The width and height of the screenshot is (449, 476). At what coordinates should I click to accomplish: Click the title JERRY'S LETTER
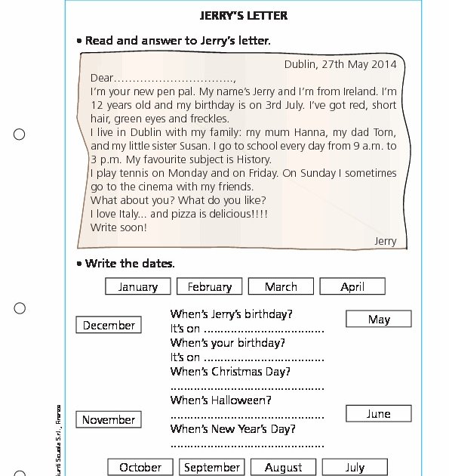tap(243, 15)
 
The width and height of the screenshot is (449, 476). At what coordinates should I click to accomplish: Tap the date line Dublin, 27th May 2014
tap(340, 64)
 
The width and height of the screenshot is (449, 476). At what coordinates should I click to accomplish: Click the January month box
tap(138, 286)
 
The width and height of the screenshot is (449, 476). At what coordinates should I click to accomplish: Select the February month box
tap(210, 286)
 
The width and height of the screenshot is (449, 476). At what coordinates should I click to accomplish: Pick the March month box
tap(281, 286)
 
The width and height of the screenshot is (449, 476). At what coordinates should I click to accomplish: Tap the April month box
tap(352, 286)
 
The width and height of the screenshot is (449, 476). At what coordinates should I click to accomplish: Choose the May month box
tap(379, 319)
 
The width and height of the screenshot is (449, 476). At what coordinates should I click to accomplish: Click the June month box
tap(379, 413)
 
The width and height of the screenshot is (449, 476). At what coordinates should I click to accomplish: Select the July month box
tap(355, 467)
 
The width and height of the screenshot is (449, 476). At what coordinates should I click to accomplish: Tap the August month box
tap(284, 467)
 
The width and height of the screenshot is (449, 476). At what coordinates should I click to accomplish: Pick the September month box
tap(212, 467)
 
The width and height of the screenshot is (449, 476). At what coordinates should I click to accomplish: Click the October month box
tap(140, 467)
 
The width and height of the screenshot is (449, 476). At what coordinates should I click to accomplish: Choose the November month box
tap(109, 419)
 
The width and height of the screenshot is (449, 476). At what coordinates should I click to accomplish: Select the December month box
tap(109, 325)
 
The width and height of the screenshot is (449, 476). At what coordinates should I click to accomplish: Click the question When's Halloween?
tap(221, 400)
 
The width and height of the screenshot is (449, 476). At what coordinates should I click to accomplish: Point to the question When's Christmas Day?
tap(230, 371)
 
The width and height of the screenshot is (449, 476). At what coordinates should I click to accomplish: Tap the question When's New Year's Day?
tap(233, 428)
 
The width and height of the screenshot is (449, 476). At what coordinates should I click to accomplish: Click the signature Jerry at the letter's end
tap(385, 241)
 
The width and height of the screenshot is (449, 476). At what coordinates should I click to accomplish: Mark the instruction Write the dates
tap(130, 263)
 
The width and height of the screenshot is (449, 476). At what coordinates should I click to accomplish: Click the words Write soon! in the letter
tap(118, 227)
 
